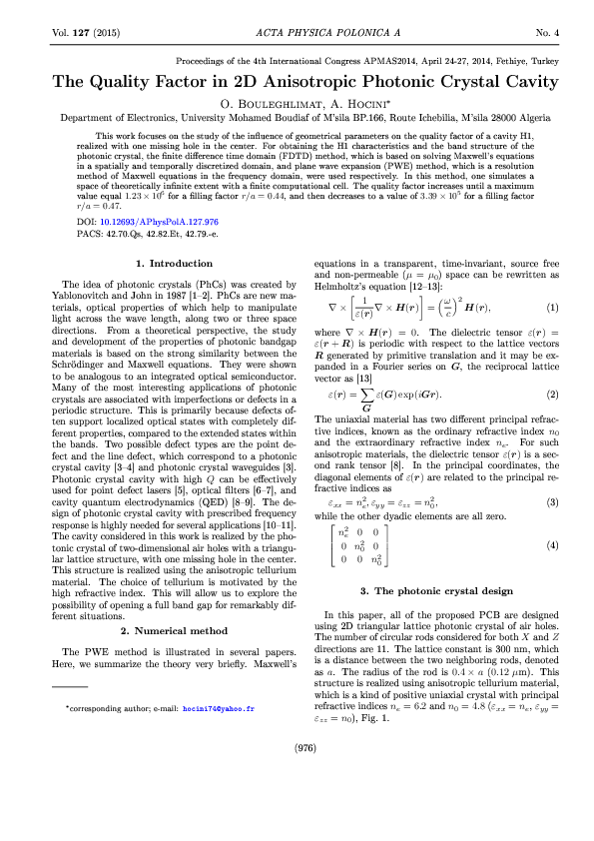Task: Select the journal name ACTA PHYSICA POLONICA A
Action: (x=297, y=33)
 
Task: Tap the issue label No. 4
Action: (x=549, y=33)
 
